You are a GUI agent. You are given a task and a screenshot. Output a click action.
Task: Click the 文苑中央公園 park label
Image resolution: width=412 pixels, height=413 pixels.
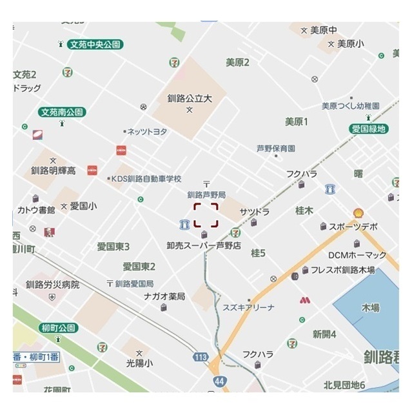point(95,45)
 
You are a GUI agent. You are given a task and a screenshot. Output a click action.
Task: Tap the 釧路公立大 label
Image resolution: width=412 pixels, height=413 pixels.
point(190,99)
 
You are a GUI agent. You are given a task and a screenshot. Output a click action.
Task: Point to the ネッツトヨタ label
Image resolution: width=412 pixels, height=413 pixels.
point(147,131)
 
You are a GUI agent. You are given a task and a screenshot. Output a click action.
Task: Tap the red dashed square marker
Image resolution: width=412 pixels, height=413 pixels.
point(206,214)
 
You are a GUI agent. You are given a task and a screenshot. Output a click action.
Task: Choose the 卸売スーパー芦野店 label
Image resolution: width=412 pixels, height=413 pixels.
point(204,245)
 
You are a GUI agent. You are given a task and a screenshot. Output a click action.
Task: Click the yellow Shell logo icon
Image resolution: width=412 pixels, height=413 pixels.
point(358,212)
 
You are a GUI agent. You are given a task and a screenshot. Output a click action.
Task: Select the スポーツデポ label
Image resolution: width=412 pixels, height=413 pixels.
point(353,227)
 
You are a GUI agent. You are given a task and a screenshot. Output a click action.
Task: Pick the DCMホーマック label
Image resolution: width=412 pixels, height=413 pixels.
point(357,255)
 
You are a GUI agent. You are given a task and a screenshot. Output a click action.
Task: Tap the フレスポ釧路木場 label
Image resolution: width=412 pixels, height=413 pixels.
point(342,270)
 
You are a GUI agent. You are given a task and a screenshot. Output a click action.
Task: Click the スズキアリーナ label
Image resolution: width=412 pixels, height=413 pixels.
point(248,307)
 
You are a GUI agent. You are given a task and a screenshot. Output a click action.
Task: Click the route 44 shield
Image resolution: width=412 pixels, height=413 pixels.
point(219,381)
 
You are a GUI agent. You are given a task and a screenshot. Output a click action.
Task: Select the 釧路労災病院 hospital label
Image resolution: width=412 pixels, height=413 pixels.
point(52,284)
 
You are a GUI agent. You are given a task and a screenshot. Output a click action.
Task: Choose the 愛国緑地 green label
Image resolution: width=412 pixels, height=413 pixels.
point(369,129)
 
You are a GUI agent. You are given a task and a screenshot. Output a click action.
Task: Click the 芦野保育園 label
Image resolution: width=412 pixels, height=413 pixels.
point(275,148)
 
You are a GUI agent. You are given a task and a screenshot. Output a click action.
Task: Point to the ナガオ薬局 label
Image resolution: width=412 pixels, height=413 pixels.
point(164,296)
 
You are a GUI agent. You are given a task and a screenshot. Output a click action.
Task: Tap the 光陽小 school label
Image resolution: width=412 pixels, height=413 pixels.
point(139,363)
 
